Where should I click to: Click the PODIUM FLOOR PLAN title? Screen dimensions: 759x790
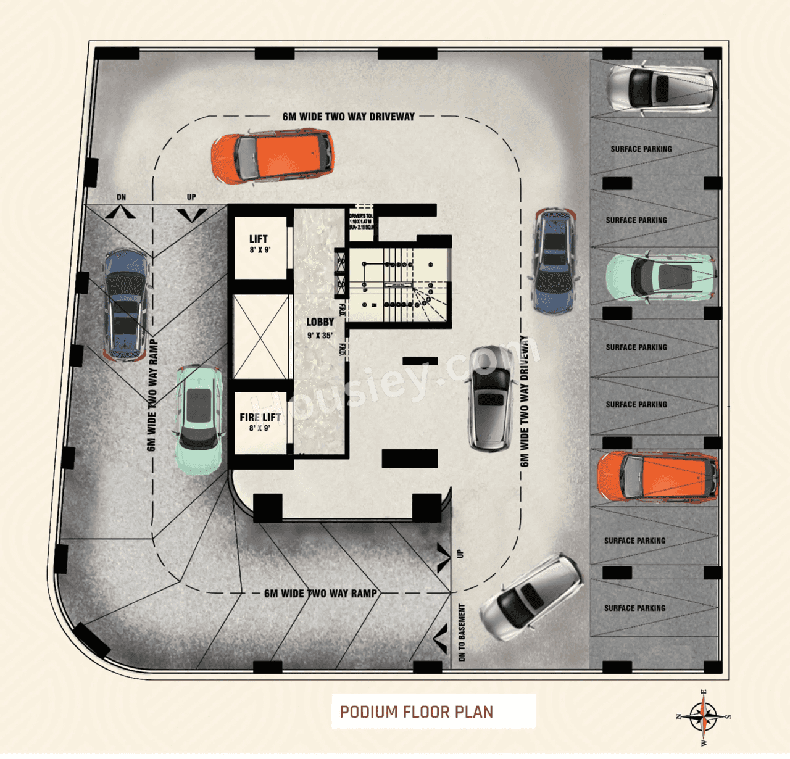[x=417, y=711]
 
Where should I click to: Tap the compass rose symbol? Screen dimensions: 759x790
[x=704, y=717]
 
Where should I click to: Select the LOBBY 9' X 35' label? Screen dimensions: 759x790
[x=320, y=328]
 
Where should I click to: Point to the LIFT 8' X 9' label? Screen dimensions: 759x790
[x=259, y=243]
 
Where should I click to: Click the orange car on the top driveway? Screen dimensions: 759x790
[x=273, y=156]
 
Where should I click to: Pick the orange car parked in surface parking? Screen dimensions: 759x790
[x=657, y=477]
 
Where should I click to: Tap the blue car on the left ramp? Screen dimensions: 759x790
[x=126, y=304]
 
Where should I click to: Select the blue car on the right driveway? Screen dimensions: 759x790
[x=555, y=261]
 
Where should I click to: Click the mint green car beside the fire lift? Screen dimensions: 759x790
[x=199, y=420]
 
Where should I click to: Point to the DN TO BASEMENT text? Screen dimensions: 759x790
[x=462, y=632]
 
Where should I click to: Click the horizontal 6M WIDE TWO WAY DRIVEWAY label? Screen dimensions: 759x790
[x=349, y=117]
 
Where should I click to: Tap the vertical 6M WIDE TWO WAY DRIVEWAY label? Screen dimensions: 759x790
[x=525, y=401]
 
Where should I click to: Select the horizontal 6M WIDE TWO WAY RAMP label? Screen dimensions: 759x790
[x=320, y=594]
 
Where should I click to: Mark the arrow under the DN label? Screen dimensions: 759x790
[x=121, y=213]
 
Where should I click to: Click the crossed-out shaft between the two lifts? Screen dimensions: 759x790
[x=261, y=336]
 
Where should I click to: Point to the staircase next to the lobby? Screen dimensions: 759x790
[x=398, y=284]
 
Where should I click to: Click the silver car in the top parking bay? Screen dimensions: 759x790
[x=661, y=87]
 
